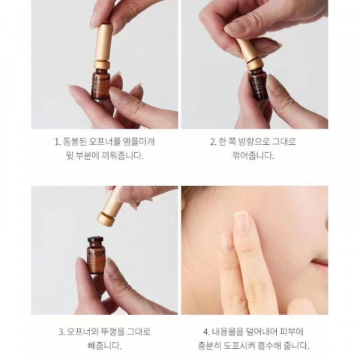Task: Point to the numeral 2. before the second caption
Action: click(x=213, y=141)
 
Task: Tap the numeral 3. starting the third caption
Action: click(x=61, y=331)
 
